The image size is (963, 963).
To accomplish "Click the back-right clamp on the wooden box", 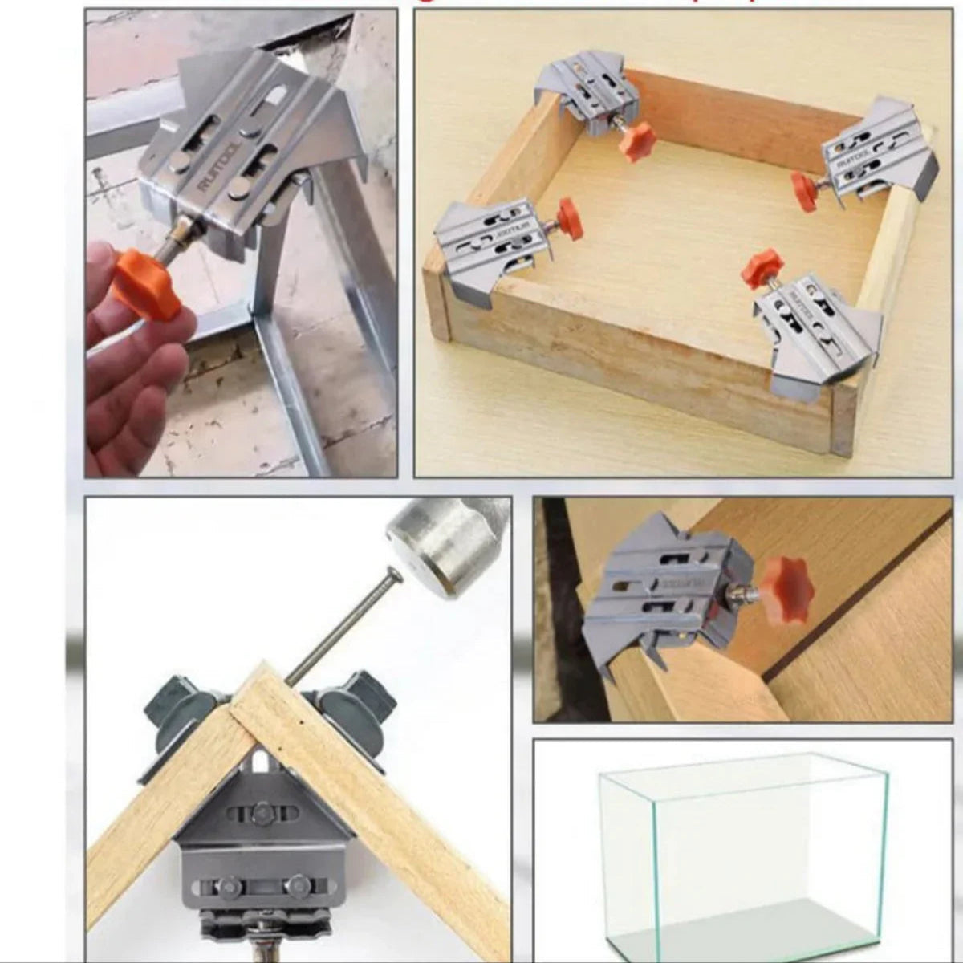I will [879, 152].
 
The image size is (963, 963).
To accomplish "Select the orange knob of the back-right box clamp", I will [805, 189].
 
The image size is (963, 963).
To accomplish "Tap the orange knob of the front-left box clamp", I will [568, 215].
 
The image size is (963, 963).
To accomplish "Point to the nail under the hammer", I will [341, 626].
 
